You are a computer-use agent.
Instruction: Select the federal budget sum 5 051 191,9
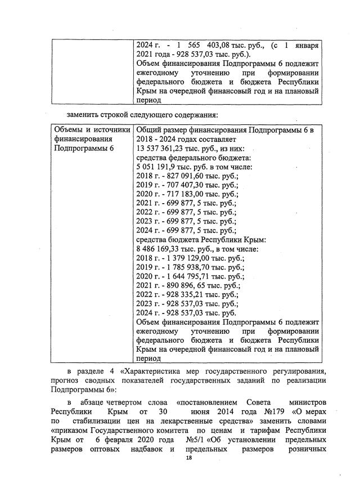point(158,167)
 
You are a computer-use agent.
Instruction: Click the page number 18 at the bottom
point(189,460)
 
